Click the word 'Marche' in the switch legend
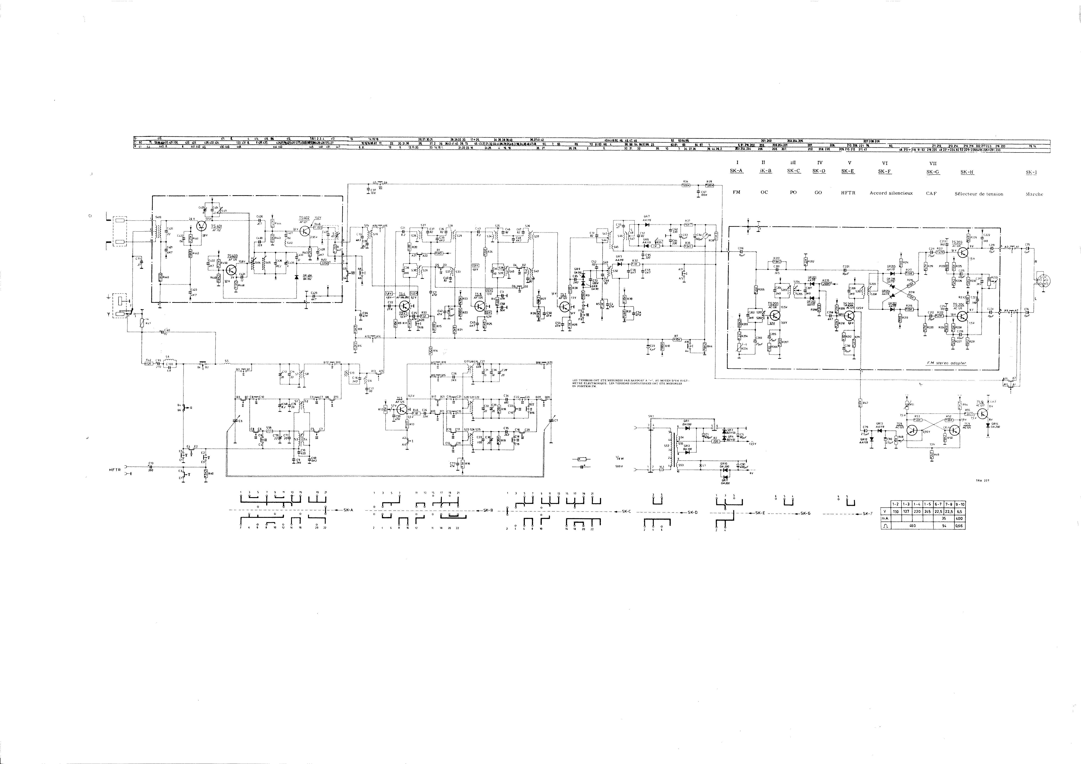1034,194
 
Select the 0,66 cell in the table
959,526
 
